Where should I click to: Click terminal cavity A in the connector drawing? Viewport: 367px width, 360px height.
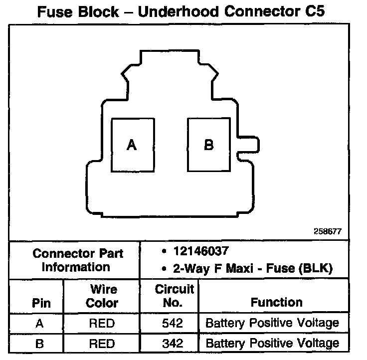(132, 145)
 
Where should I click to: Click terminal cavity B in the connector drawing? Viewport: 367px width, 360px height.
(209, 145)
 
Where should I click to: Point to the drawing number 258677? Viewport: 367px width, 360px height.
(328, 232)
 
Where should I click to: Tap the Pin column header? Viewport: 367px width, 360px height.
(41, 303)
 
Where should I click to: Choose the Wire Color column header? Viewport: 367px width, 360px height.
(102, 296)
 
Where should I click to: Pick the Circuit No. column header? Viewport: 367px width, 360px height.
(170, 296)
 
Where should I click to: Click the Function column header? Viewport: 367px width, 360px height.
(277, 302)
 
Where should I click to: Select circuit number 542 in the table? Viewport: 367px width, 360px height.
(170, 323)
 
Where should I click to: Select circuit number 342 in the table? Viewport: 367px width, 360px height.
(170, 343)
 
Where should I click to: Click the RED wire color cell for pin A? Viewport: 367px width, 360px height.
(102, 323)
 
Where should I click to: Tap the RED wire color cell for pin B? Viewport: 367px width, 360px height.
(102, 343)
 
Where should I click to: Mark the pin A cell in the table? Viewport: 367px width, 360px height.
(39, 323)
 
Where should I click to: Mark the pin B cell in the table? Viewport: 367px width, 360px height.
(39, 343)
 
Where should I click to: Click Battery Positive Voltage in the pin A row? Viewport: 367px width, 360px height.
(272, 323)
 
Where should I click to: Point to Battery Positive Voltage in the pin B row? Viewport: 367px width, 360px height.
(272, 343)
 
